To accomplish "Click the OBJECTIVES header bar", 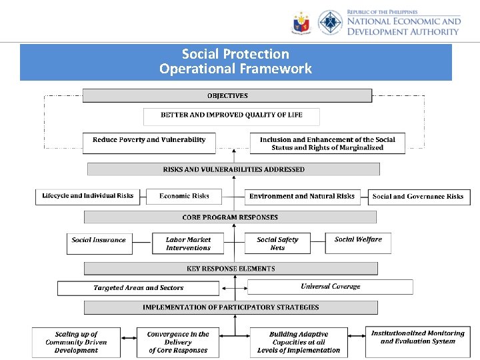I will pyautogui.click(x=227, y=95).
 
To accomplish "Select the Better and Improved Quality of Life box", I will pyautogui.click(x=231, y=116).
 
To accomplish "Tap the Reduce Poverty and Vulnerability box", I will pyautogui.click(x=149, y=143).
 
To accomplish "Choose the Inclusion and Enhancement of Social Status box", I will pyautogui.click(x=327, y=143).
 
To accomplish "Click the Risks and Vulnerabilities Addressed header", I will pyautogui.click(x=233, y=169).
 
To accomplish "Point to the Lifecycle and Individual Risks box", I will pyautogui.click(x=87, y=197).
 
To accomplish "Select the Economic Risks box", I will pyautogui.click(x=184, y=197).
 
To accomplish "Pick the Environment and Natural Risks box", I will pyautogui.click(x=302, y=197).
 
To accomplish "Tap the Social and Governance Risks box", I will pyautogui.click(x=417, y=197).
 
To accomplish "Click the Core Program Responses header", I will pyautogui.click(x=230, y=217).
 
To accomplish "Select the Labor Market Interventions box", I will pyautogui.click(x=188, y=243).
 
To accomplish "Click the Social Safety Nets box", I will pyautogui.click(x=277, y=243).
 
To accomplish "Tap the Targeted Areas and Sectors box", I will pyautogui.click(x=138, y=288).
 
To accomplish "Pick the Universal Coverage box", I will pyautogui.click(x=330, y=287).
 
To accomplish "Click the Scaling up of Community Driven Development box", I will pyautogui.click(x=76, y=342).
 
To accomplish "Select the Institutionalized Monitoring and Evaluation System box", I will pyautogui.click(x=417, y=340).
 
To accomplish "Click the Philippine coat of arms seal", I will pyautogui.click(x=301, y=23).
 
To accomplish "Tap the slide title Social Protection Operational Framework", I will pyautogui.click(x=235, y=62).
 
